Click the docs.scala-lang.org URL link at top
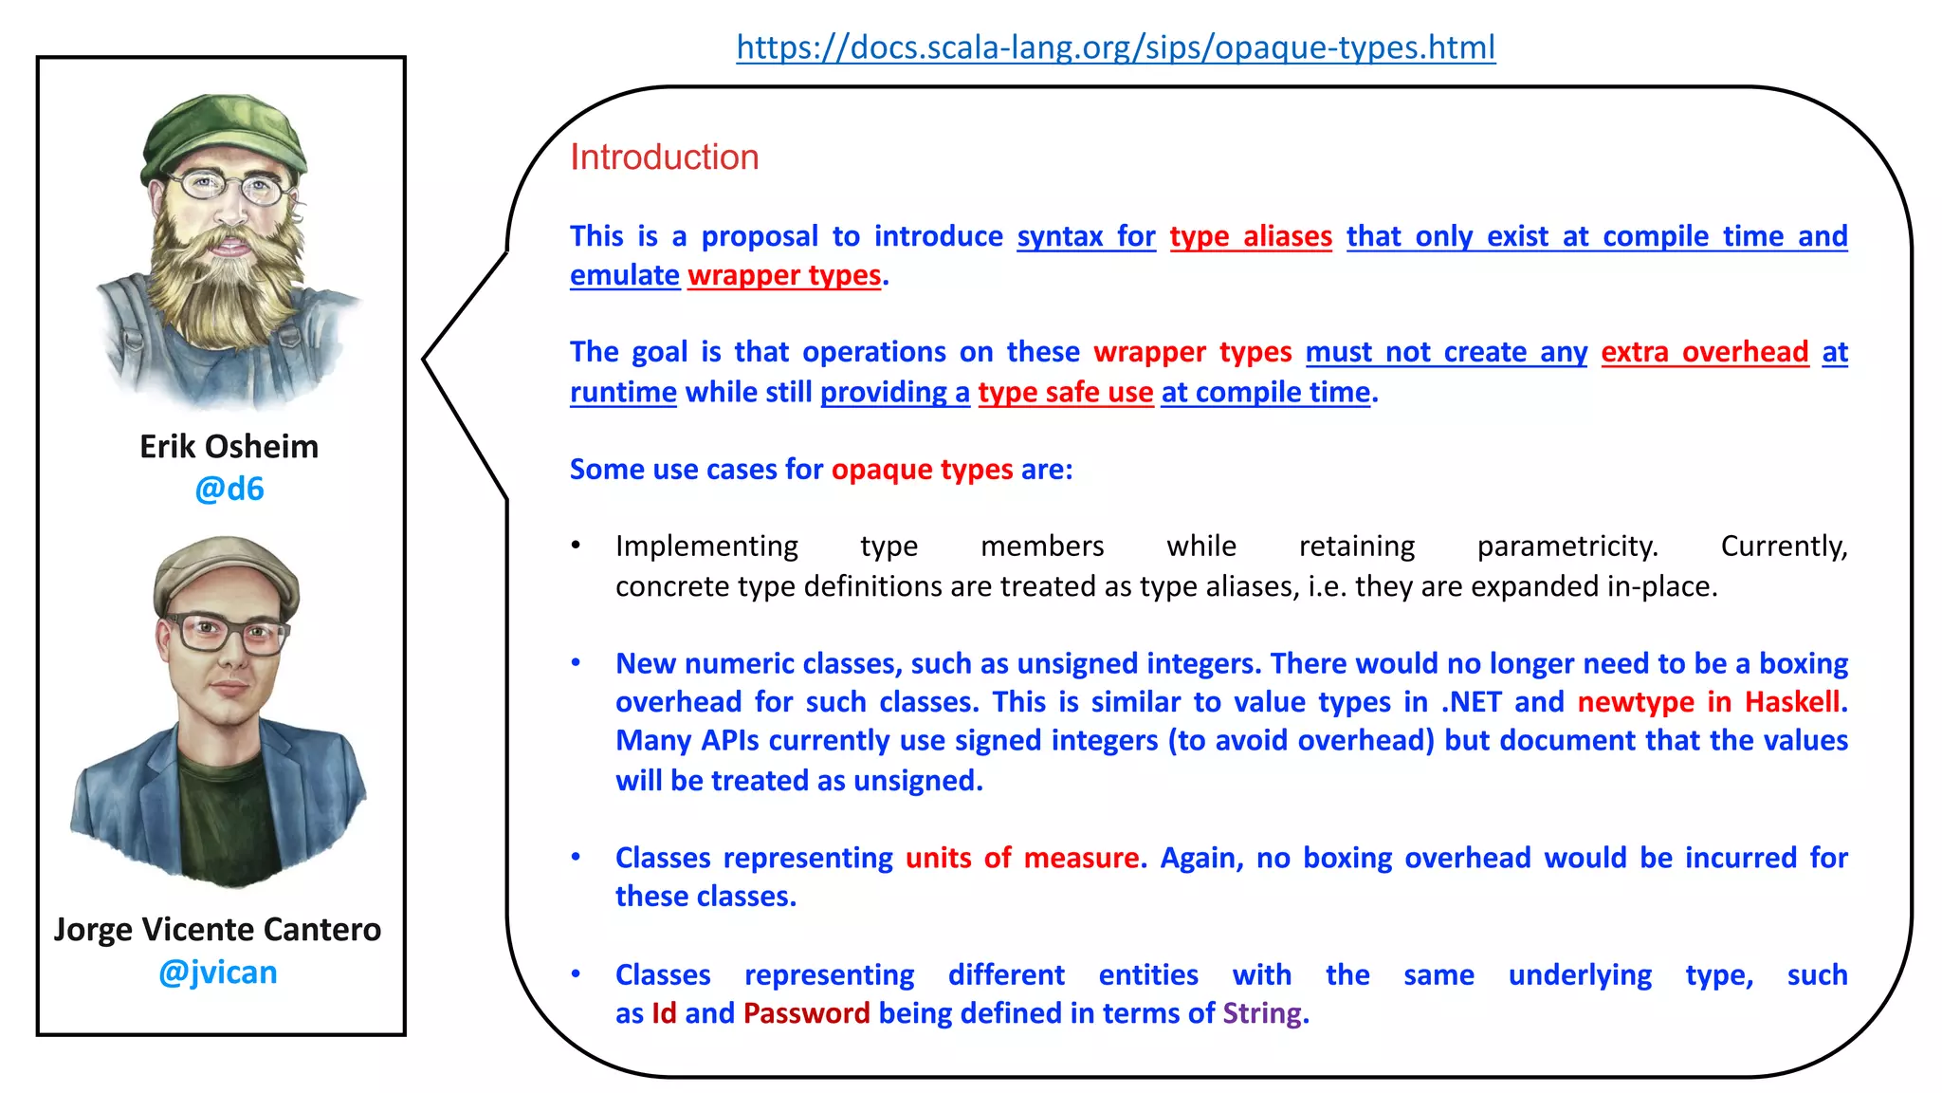[1115, 47]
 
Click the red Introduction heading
[664, 157]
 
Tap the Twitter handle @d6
[229, 490]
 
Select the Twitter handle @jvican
[218, 973]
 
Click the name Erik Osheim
[229, 447]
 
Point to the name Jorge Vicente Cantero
[218, 930]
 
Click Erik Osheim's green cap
[226, 133]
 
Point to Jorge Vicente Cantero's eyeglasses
[226, 633]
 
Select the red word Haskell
[1792, 702]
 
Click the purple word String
[1262, 1013]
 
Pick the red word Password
[806, 1013]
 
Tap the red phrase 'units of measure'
[1021, 858]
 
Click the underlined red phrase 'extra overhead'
[1704, 353]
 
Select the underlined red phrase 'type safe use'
[1065, 393]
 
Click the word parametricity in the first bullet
[1566, 546]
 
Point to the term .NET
[1472, 702]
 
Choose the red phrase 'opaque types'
[922, 470]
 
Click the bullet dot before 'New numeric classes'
[576, 662]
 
